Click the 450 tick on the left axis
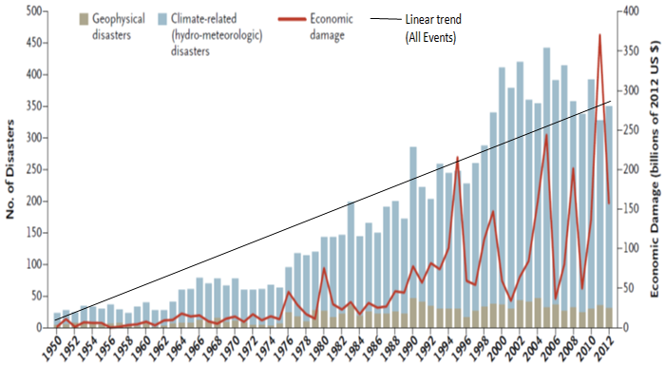pyautogui.click(x=34, y=43)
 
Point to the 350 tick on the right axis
pyautogui.click(x=631, y=51)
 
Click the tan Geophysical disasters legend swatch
pyautogui.click(x=84, y=19)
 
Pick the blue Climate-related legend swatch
pyautogui.click(x=162, y=19)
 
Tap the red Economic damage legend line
pyautogui.click(x=292, y=19)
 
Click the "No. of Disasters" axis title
pyautogui.click(x=10, y=169)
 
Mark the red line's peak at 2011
pyautogui.click(x=599, y=35)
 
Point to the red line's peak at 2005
pyautogui.click(x=546, y=135)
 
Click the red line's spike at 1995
pyautogui.click(x=458, y=157)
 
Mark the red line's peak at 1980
pyautogui.click(x=324, y=268)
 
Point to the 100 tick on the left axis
pyautogui.click(x=34, y=264)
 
